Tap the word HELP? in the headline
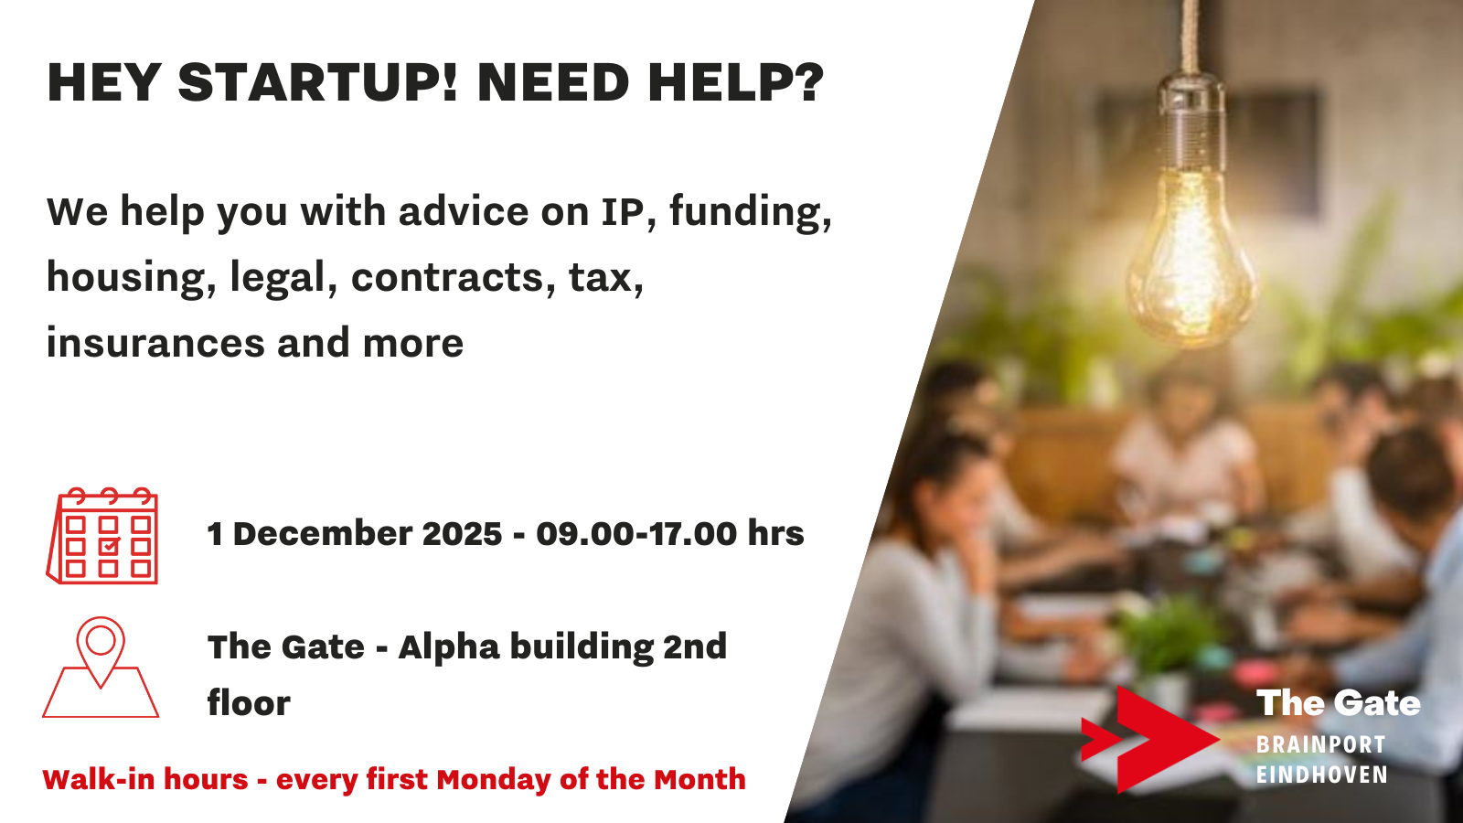point(736,83)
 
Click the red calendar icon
point(102,536)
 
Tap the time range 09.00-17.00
point(636,533)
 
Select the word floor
point(249,703)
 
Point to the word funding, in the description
point(751,213)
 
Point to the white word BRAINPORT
point(1320,744)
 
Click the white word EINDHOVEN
point(1322,775)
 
